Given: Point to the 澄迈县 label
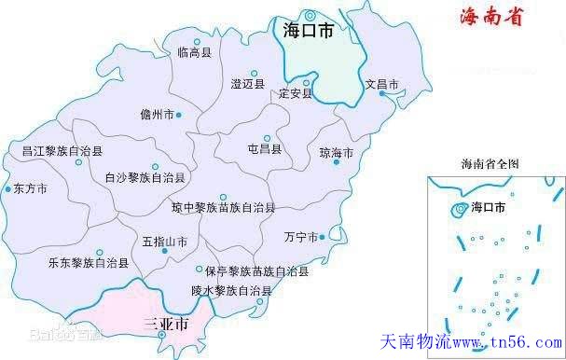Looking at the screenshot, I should tap(248, 83).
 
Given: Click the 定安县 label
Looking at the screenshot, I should tap(295, 93).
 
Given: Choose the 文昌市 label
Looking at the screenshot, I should tap(382, 85).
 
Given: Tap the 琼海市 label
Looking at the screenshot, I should tap(337, 152).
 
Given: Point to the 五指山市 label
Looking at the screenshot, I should tap(165, 241).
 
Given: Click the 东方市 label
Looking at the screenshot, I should tap(31, 187).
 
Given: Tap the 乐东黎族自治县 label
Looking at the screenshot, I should tap(88, 263).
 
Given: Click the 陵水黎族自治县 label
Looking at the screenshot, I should tap(231, 291).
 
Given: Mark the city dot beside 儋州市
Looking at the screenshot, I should tap(180, 115).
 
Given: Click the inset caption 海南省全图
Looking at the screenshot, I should tap(490, 163).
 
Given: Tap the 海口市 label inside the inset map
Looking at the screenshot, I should tap(490, 207).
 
